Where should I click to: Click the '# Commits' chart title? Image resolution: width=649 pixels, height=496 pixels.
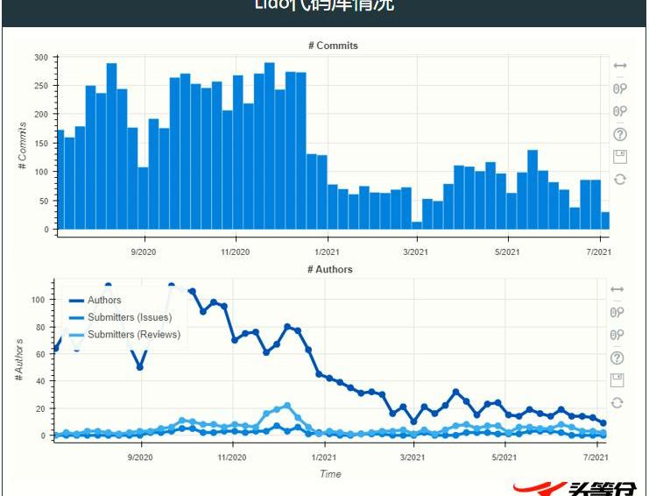click(x=333, y=46)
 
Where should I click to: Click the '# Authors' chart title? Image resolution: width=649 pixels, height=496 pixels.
click(x=330, y=269)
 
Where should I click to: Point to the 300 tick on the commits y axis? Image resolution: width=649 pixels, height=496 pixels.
click(x=41, y=58)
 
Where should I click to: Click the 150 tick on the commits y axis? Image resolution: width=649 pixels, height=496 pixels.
click(x=41, y=144)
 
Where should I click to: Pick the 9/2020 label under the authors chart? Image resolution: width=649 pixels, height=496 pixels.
click(x=141, y=457)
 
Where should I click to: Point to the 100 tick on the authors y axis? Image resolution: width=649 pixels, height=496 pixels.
click(x=38, y=300)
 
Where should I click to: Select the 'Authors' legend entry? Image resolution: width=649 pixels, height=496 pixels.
click(x=104, y=301)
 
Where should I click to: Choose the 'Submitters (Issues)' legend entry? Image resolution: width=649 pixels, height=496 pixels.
click(x=130, y=317)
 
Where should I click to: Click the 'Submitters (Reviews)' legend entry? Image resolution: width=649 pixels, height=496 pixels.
click(x=134, y=334)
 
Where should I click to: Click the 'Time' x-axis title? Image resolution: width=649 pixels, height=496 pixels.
click(x=330, y=474)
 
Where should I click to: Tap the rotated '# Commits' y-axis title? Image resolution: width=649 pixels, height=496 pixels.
click(x=23, y=145)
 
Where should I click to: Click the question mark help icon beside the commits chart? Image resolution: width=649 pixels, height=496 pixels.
click(x=620, y=134)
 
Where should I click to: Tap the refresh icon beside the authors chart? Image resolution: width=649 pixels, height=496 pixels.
click(x=617, y=402)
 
